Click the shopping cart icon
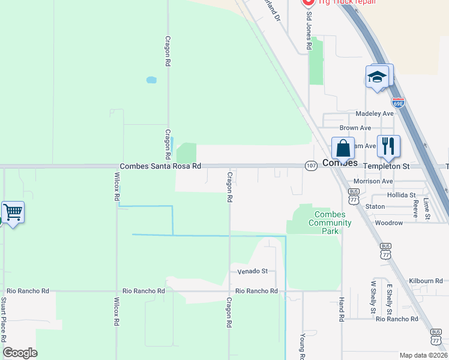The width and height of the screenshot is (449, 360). coord(13,212)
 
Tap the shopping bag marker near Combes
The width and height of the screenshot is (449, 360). coord(343,148)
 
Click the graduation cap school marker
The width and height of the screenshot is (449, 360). coord(377,77)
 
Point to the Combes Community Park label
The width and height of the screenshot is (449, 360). coord(330,219)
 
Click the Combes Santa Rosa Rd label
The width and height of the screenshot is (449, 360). coord(160,166)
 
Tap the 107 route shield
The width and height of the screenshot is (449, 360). coord(310,166)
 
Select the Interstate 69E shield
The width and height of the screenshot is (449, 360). coord(398,102)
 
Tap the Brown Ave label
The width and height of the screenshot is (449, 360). coord(355,128)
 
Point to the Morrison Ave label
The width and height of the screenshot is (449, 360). coord(373,181)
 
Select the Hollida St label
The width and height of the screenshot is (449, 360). coord(401,195)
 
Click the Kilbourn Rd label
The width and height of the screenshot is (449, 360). coord(426,280)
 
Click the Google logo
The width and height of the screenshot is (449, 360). coord(20,353)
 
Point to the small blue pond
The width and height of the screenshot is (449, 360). coord(151,79)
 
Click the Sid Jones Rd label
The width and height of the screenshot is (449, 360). coord(309,30)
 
